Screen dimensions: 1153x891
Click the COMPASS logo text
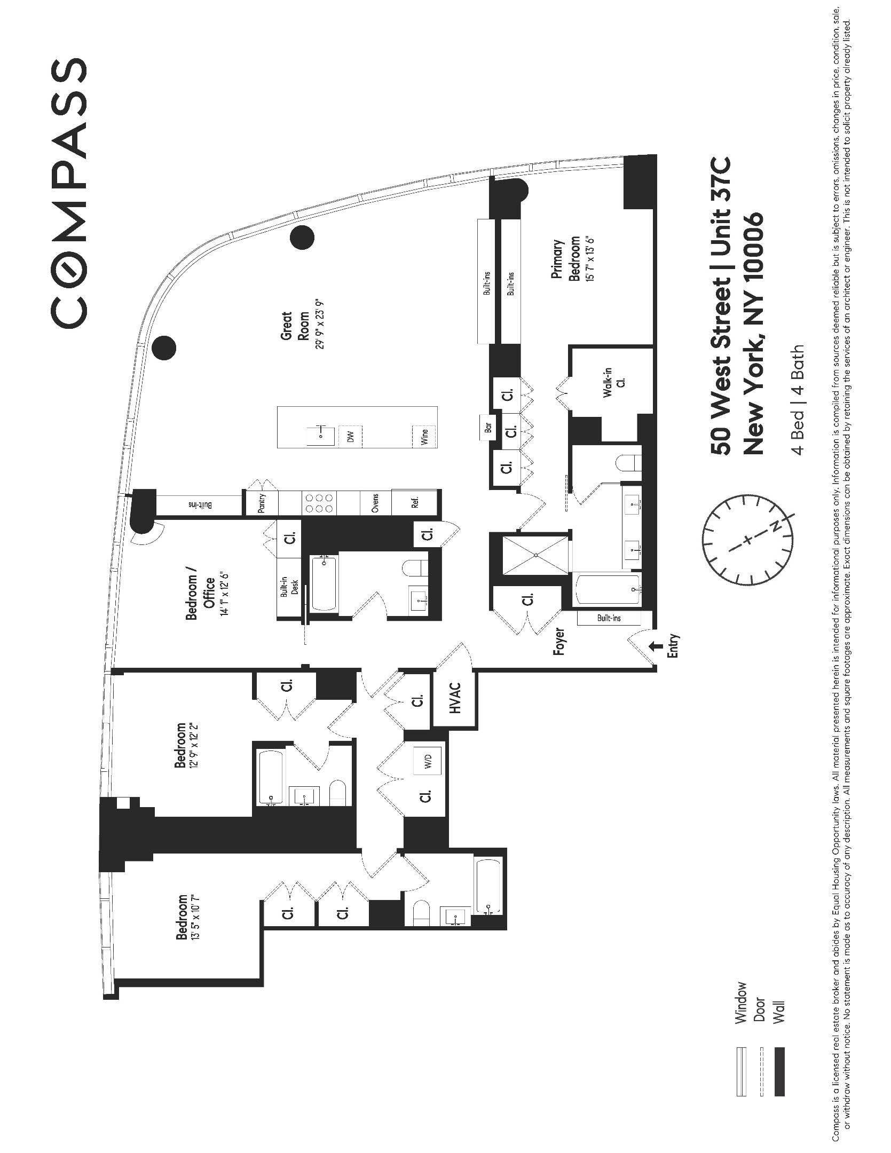[x=69, y=192]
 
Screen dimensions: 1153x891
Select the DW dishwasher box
[x=351, y=437]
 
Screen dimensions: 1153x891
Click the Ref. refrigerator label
[x=415, y=502]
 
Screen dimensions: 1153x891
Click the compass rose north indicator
[x=774, y=527]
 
